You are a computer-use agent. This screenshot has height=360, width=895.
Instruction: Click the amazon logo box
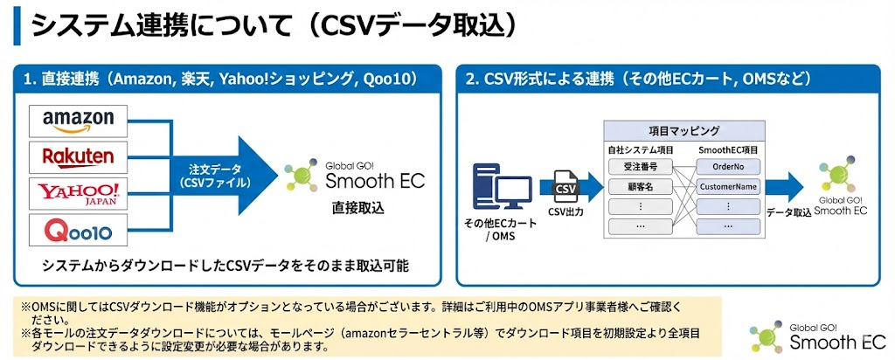pyautogui.click(x=78, y=120)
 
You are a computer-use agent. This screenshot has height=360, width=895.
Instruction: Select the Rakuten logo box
pyautogui.click(x=78, y=156)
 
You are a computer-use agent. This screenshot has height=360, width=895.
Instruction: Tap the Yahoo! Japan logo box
pyautogui.click(x=78, y=193)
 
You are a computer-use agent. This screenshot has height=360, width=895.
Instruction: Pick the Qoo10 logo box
pyautogui.click(x=78, y=231)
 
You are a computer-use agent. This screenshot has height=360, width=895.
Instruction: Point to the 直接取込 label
pyautogui.click(x=357, y=209)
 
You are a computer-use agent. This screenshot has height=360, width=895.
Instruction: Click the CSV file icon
pyautogui.click(x=565, y=187)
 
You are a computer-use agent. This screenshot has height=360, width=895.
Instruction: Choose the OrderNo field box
pyautogui.click(x=728, y=165)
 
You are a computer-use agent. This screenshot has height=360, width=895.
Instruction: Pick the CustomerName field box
pyautogui.click(x=728, y=186)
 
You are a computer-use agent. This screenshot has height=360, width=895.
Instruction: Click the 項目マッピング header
pyautogui.click(x=684, y=130)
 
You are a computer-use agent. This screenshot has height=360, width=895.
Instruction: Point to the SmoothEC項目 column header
pyautogui.click(x=729, y=149)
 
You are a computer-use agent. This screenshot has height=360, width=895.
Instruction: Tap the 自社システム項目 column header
pyautogui.click(x=641, y=149)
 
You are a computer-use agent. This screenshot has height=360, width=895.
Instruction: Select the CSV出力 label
pyautogui.click(x=565, y=211)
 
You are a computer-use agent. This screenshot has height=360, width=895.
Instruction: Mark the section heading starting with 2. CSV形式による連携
pyautogui.click(x=639, y=79)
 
